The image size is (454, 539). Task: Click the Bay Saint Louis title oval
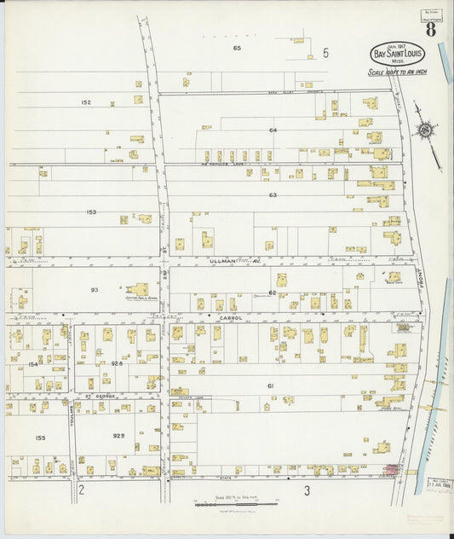(398, 53)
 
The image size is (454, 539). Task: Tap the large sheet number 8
(432, 30)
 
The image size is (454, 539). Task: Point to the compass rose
(424, 130)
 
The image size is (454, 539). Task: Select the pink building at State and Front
(393, 470)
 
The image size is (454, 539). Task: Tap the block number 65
(237, 49)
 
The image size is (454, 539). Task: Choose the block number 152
(86, 102)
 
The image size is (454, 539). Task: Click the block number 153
(91, 212)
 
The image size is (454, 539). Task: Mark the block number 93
(95, 290)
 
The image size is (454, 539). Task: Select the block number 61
(270, 386)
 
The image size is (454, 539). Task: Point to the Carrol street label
(231, 318)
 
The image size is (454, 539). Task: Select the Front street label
(420, 278)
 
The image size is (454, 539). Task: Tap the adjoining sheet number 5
(325, 53)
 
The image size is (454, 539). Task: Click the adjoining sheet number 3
(306, 490)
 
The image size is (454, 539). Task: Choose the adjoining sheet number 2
(81, 490)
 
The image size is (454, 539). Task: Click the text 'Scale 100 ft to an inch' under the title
(397, 72)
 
